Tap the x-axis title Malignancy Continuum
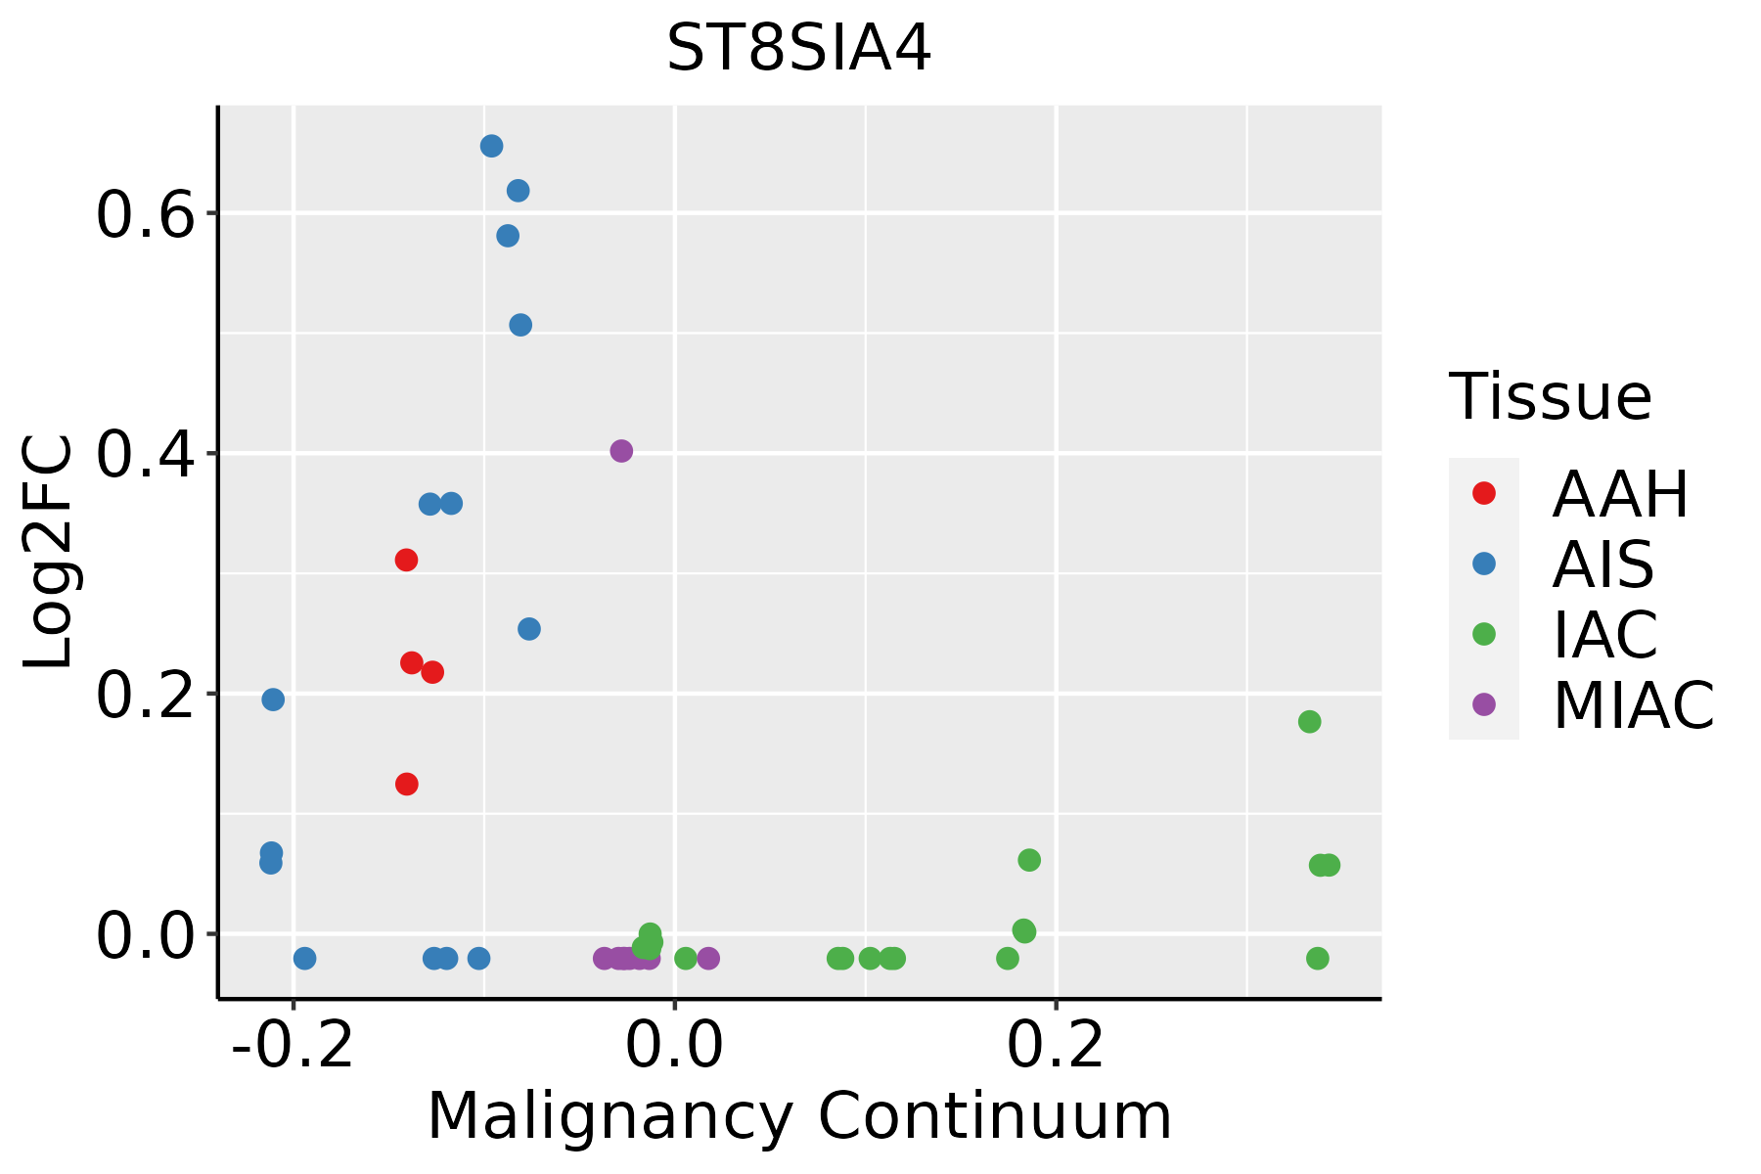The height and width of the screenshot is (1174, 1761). (x=798, y=1117)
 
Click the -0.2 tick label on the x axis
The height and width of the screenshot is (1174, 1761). (x=293, y=1047)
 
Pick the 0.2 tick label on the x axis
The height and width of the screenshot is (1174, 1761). (x=1056, y=1047)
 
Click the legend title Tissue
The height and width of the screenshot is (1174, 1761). (x=1551, y=397)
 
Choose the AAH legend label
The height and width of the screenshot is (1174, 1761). (x=1620, y=494)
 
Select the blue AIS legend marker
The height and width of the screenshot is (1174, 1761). (x=1483, y=564)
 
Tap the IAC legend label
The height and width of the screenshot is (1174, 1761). (x=1604, y=635)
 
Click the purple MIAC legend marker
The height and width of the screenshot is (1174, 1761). (x=1483, y=704)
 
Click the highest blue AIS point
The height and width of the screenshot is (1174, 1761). (x=491, y=146)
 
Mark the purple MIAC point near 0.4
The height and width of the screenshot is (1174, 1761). (x=621, y=451)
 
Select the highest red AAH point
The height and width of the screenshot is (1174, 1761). (x=406, y=560)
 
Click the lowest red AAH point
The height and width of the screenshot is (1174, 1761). (x=407, y=784)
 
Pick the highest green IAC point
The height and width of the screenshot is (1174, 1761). (x=1309, y=722)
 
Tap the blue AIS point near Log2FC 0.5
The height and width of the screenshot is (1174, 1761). (x=520, y=325)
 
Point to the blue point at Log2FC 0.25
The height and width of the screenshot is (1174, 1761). (x=528, y=629)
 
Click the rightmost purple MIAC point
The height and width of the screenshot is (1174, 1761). (x=708, y=958)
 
